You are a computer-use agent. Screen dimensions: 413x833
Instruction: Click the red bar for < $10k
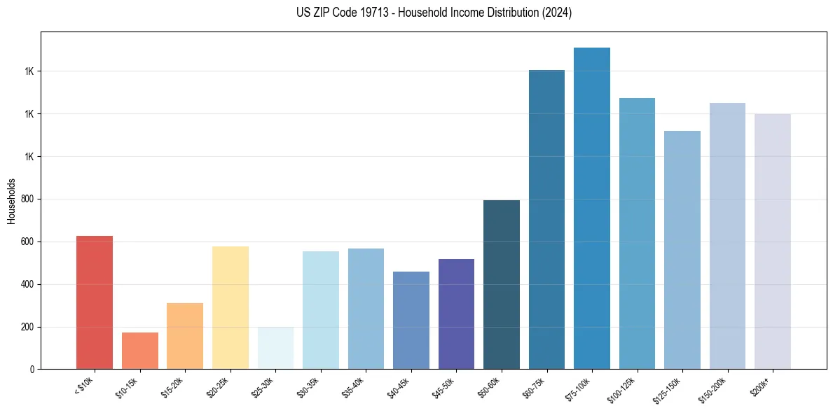tap(94, 302)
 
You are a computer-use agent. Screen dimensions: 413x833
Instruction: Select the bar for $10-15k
tap(139, 351)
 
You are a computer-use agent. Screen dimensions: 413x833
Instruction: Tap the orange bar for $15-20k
tap(185, 336)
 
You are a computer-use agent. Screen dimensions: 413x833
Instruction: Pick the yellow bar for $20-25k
tap(230, 308)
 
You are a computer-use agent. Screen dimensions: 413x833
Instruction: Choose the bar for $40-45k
tap(411, 321)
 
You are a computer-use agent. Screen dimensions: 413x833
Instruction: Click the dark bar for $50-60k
tap(502, 285)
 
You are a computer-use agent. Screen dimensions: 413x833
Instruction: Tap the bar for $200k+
tap(773, 241)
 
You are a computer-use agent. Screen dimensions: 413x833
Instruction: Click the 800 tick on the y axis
tap(28, 199)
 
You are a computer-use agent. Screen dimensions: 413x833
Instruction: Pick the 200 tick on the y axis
tap(28, 327)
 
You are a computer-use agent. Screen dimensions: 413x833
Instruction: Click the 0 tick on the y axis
tap(32, 369)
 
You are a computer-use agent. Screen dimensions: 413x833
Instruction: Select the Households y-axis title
tap(11, 200)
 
